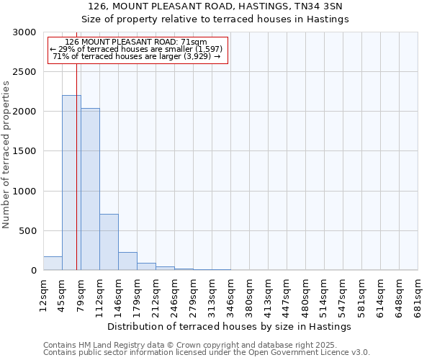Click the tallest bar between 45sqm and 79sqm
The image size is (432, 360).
(71, 183)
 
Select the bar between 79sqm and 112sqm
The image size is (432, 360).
(90, 189)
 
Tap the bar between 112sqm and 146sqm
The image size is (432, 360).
(109, 242)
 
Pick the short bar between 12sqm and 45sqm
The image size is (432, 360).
(53, 264)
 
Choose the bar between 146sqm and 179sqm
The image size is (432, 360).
(127, 261)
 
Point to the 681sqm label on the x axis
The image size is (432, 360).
(418, 295)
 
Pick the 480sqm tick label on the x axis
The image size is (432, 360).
(306, 295)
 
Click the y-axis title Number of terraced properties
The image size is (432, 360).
(6, 154)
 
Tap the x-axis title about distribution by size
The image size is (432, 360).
(233, 326)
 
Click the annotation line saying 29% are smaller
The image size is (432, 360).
(137, 49)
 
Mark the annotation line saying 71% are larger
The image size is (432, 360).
(137, 56)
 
